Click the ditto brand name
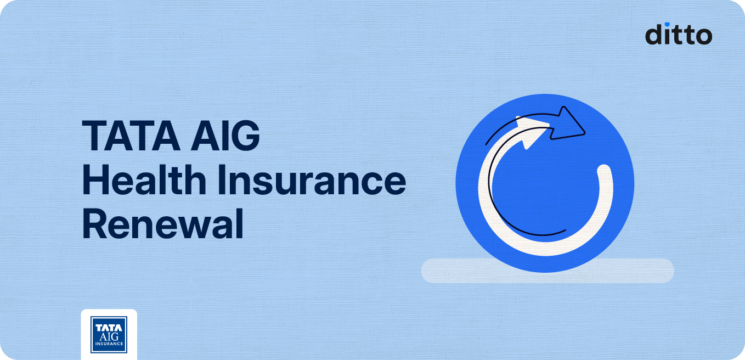678,34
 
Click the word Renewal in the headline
162,226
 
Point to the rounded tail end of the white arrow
604,172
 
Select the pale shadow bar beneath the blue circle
547,271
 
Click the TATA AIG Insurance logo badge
109,334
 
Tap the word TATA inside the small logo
109,328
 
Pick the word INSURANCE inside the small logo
109,345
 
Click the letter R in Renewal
94,226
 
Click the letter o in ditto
703,36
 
